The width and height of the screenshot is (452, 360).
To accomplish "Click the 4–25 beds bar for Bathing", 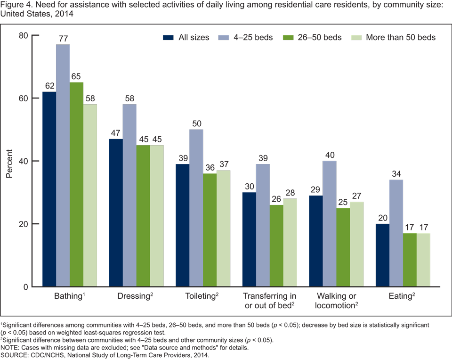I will tap(63, 165).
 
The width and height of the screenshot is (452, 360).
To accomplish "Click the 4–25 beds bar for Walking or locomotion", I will tap(330, 224).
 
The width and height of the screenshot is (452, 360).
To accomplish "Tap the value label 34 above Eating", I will tap(396, 174).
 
